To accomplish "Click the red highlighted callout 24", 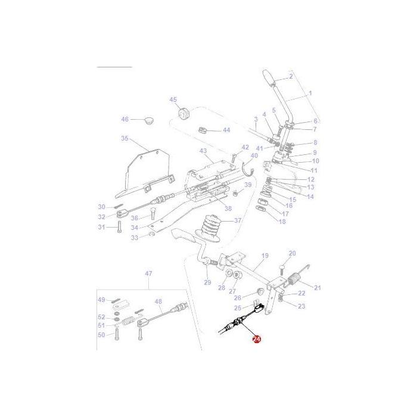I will (257, 339).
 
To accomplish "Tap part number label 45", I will (173, 99).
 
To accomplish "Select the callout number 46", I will (125, 119).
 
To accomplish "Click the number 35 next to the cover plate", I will (125, 138).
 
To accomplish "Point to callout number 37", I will (238, 220).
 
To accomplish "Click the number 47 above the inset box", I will (149, 273).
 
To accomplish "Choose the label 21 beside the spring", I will (317, 288).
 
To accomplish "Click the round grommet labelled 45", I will (182, 113).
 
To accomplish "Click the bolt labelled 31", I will (119, 227).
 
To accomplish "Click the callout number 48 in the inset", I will (158, 302).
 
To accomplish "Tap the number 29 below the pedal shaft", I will (208, 282).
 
